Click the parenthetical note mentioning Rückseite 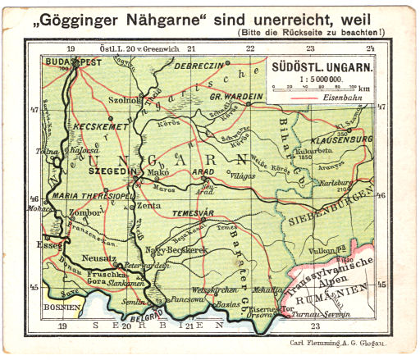[x=326, y=32]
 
